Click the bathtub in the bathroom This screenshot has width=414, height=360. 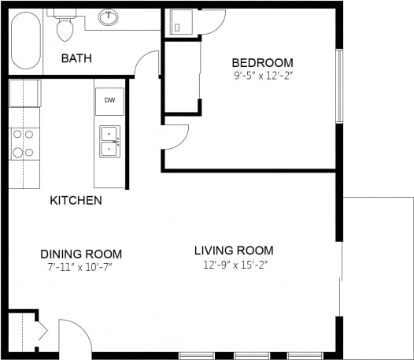(26, 40)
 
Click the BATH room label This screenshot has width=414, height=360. (77, 58)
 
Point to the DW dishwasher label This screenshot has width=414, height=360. (109, 101)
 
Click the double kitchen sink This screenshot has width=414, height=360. (109, 142)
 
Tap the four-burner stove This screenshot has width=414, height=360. (24, 143)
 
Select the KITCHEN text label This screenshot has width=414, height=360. (76, 200)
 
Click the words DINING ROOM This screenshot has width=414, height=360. (81, 254)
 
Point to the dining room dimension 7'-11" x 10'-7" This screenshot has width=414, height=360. (81, 266)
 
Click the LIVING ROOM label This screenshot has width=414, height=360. (234, 251)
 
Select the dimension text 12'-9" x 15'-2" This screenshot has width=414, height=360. (234, 264)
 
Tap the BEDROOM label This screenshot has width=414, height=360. (262, 63)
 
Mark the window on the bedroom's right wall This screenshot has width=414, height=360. (339, 86)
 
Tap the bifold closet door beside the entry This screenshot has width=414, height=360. (39, 331)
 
